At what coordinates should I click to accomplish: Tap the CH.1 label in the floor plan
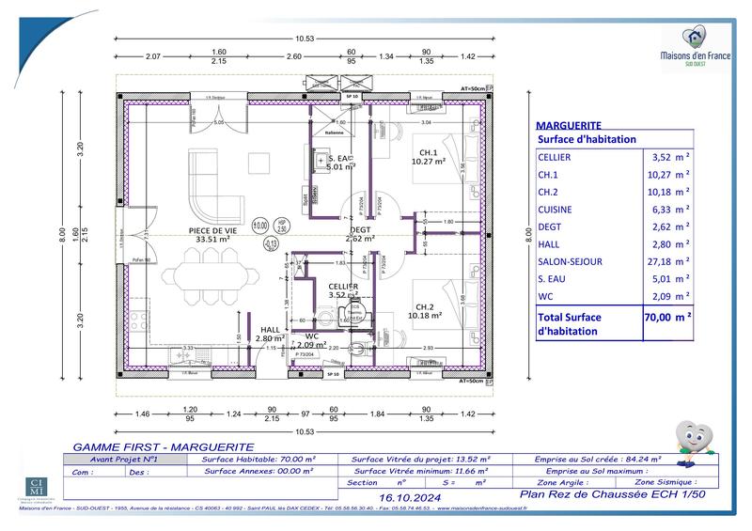[x=429, y=153]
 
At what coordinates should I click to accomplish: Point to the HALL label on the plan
[x=272, y=329]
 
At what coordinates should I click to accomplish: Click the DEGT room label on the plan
[x=361, y=229]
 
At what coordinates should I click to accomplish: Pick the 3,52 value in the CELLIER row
[x=664, y=157]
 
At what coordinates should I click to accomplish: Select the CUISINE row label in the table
[x=555, y=210]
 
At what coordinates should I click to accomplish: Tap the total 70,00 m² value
[x=667, y=318]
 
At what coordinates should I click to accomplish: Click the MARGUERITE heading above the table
[x=568, y=125]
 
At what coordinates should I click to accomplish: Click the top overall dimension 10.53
[x=305, y=39]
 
